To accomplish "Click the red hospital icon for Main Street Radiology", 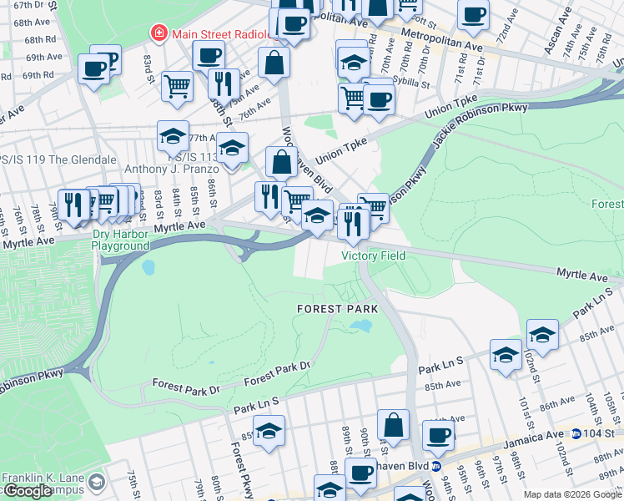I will click(x=158, y=33).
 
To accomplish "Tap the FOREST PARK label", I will click(x=338, y=309).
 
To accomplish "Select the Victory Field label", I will click(x=373, y=256).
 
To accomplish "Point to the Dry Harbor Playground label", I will click(x=121, y=240).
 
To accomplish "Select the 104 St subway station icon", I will click(x=576, y=434).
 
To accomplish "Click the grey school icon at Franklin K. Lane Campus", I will click(x=97, y=483).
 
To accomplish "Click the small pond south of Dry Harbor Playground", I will click(x=148, y=268).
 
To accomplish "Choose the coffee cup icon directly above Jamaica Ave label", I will click(x=438, y=434).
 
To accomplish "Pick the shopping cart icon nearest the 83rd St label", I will click(x=177, y=85).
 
